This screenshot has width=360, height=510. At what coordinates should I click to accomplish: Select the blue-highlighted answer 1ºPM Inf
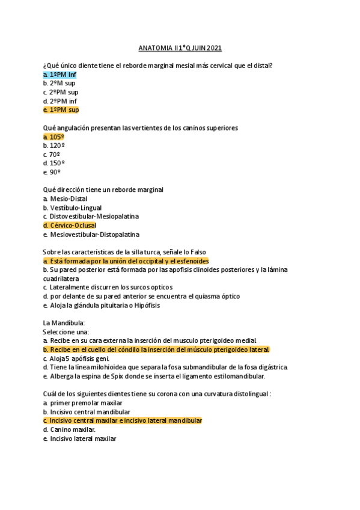(59, 75)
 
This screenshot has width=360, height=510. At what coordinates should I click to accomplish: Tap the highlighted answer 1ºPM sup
(61, 110)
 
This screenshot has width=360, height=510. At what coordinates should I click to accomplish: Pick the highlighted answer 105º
(54, 137)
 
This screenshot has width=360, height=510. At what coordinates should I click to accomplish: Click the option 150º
(54, 163)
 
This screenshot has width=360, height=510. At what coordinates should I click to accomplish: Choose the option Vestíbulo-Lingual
(72, 207)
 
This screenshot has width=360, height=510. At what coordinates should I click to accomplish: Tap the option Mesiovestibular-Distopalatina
(90, 234)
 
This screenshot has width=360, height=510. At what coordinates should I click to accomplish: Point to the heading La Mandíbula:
(64, 323)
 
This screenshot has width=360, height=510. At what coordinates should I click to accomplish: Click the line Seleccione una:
(66, 331)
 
